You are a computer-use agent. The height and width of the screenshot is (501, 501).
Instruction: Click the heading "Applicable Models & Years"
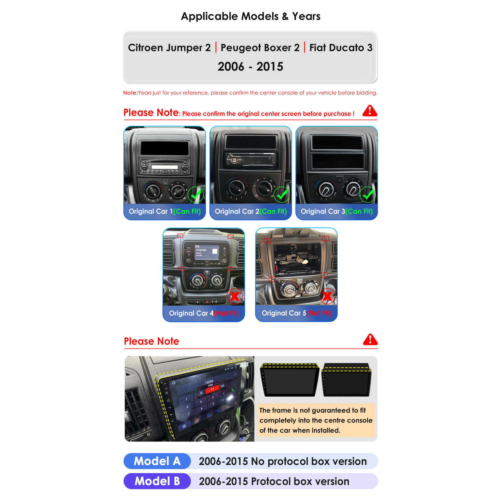coord(250,16)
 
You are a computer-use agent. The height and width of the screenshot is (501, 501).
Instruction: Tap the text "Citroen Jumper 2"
coord(169,48)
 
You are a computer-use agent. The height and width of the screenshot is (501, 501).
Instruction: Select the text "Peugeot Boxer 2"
coord(260,48)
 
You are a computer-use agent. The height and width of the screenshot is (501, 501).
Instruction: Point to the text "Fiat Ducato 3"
coord(341,48)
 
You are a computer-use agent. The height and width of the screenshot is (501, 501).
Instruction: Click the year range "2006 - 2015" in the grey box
coord(250,67)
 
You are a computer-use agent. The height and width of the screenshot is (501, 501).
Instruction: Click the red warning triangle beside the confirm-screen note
coord(370,111)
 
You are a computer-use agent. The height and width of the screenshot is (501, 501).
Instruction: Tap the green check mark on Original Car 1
coord(196,194)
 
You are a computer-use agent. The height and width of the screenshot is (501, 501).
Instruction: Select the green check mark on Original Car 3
coord(368,194)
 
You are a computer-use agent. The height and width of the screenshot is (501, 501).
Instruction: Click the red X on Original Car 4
coord(235,296)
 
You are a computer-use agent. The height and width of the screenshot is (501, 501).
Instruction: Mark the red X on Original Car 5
coord(327,296)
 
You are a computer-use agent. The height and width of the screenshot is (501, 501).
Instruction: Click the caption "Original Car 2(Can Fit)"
coord(251,211)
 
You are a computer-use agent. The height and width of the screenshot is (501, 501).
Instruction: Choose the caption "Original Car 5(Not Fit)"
coord(296,313)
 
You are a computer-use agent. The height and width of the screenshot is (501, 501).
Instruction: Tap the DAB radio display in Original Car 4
coord(207,252)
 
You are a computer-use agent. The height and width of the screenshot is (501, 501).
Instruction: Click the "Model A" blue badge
coord(157,461)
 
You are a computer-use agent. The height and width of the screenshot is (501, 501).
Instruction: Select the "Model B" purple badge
coord(157,481)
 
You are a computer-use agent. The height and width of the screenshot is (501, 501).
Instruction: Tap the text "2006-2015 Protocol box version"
coord(274,481)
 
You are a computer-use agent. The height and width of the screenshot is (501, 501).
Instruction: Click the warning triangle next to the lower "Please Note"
coord(370,339)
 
